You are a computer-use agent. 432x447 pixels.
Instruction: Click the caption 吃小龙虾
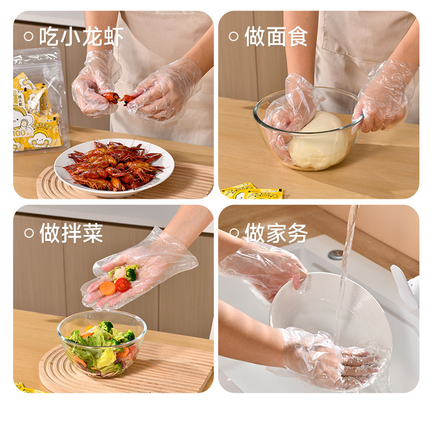pos(81,37)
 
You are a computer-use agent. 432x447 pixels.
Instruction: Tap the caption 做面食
pos(276,37)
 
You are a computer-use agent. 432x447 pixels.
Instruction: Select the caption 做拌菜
pos(71,233)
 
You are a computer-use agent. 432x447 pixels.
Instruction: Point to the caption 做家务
pos(276,233)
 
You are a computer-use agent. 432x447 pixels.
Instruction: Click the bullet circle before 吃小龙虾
pos(29,37)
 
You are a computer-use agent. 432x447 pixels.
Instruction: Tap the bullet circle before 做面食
pos(233,37)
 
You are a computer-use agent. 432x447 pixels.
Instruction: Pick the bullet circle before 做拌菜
pos(29,233)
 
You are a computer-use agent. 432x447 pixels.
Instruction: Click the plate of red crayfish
pos(114,168)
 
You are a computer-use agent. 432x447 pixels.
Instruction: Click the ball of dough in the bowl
pos(319,140)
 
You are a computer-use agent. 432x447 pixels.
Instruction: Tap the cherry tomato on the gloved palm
pos(122,285)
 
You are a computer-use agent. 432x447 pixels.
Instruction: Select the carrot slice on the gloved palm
pos(107,288)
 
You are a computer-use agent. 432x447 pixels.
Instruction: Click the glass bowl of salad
pos(102,344)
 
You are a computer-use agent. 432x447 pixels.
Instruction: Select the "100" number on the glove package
pos(20,133)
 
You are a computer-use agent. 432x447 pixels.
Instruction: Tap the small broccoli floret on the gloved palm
pos(131,274)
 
